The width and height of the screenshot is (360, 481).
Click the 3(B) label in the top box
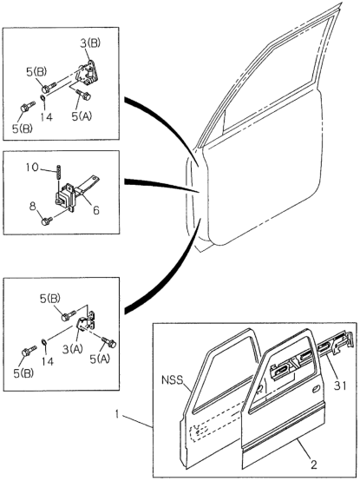(x=90, y=43)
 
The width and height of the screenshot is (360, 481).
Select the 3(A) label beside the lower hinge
(x=72, y=349)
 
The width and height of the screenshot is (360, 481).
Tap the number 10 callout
(x=32, y=168)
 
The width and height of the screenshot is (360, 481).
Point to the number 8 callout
(x=33, y=207)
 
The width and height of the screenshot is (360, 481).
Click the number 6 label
(x=96, y=210)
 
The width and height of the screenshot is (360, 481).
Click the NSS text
(x=172, y=380)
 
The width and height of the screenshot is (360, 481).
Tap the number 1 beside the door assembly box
(x=117, y=414)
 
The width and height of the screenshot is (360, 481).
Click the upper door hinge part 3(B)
(x=88, y=74)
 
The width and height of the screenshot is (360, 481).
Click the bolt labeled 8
(x=47, y=221)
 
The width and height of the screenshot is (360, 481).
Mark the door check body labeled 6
(x=66, y=195)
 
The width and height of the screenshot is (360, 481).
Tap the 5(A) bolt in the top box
(x=83, y=95)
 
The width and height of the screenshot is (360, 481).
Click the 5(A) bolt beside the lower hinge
(x=108, y=342)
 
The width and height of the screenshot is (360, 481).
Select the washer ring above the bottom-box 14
(x=44, y=342)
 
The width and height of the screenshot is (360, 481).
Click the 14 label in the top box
(x=46, y=117)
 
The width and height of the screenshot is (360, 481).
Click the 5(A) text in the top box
(x=82, y=116)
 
